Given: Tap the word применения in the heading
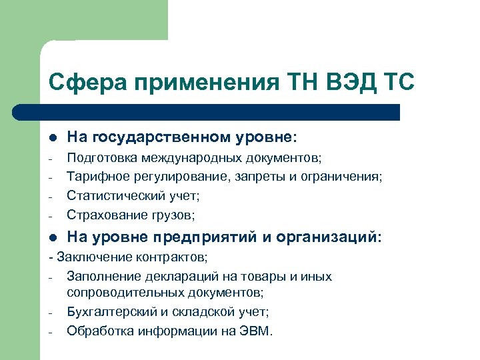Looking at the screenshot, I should (x=201, y=83).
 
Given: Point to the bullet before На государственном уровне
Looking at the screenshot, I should (x=51, y=137).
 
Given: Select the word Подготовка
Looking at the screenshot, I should (x=99, y=158).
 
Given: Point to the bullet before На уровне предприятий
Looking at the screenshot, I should (x=51, y=237).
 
